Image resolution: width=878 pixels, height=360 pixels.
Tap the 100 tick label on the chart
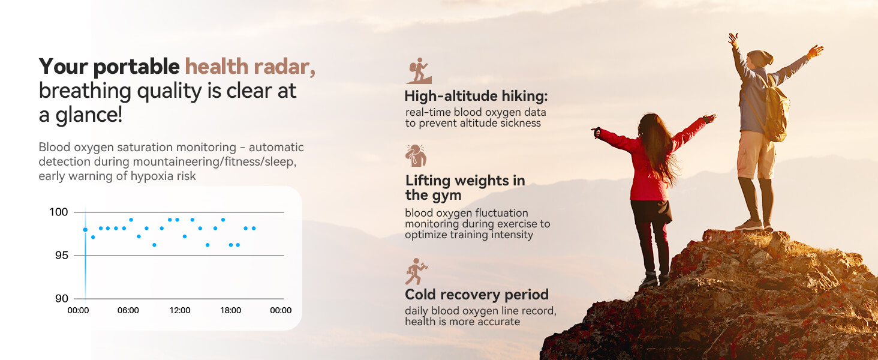pos(58,212)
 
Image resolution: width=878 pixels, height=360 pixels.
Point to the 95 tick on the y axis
pos(61,256)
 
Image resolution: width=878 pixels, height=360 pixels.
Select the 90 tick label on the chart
pos(61,299)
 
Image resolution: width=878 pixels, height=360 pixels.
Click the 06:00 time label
pos(128,311)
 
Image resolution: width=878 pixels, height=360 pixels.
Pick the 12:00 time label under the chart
pos(180,311)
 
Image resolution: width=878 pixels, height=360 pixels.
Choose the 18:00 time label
pos(231,311)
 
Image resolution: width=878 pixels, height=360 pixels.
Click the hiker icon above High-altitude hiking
pos(418,71)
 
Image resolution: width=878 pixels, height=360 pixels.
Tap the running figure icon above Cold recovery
pos(416,272)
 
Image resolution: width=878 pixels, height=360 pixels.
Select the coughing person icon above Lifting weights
pos(416,155)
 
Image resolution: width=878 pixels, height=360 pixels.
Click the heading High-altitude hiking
pos(476,96)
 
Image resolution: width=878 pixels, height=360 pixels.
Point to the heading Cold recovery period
pos(477,295)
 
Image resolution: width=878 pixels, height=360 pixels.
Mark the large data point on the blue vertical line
pos(85,229)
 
